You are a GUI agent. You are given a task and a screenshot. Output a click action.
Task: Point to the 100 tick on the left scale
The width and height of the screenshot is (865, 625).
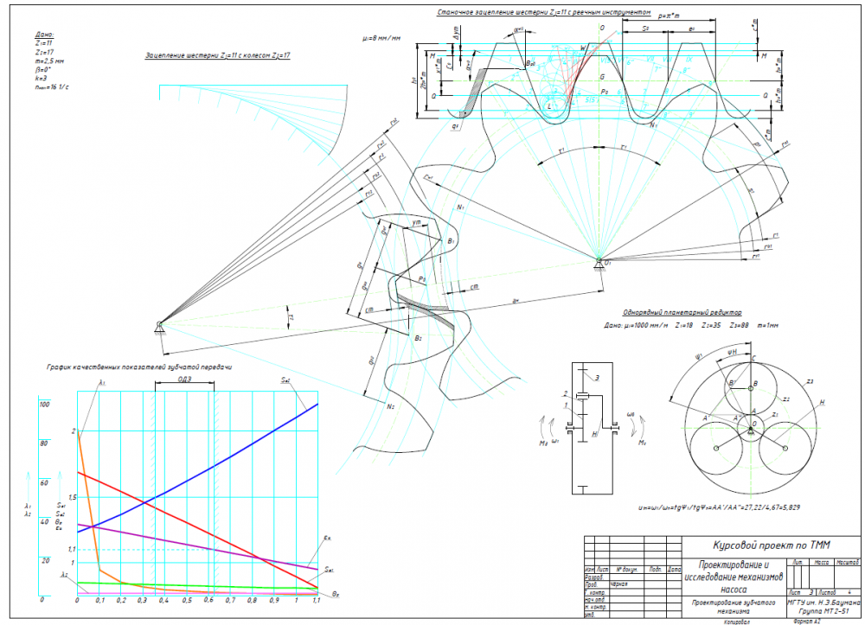45,404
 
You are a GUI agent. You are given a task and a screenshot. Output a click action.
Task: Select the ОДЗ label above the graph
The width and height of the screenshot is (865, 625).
184,379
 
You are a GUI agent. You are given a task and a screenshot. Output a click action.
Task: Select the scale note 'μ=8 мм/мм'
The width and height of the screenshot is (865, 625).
382,39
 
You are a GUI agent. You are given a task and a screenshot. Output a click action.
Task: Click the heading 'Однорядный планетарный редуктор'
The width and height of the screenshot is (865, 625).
682,312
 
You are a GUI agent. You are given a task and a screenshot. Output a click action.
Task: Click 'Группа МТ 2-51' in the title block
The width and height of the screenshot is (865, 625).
820,609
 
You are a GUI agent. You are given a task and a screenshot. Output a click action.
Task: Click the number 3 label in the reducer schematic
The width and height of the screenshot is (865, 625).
595,378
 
